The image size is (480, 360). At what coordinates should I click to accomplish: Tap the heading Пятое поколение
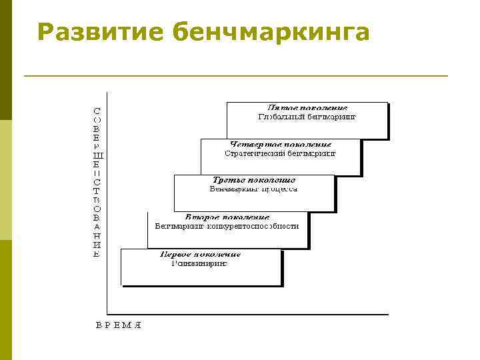pos(307,107)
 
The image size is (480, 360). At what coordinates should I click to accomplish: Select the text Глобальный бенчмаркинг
pos(307,116)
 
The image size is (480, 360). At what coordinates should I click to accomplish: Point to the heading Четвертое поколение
pos(281,144)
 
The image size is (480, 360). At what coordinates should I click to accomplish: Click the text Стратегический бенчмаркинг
pos(281,153)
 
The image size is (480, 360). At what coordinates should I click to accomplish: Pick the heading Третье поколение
pos(254,180)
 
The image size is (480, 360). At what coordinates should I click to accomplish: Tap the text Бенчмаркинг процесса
pos(254,189)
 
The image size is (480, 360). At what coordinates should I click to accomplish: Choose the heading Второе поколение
pos(227,217)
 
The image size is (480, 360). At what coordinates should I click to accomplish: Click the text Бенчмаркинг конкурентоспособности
pos(227,226)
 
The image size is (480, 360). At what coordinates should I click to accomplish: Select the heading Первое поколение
pos(201,254)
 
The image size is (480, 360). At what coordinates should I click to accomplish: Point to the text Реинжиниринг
pos(199,263)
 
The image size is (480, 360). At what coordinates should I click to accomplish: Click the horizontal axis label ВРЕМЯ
pos(119,325)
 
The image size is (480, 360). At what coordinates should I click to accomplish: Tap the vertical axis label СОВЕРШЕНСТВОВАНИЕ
pos(97,181)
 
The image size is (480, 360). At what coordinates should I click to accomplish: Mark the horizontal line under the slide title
pos(235,76)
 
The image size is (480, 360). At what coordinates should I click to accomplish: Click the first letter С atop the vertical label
pos(97,109)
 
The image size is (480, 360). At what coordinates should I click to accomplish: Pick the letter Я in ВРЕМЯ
pos(138,325)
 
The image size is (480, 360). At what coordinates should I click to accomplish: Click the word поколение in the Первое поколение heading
pos(219,254)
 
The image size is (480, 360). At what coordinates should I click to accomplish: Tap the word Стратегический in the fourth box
pos(254,153)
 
